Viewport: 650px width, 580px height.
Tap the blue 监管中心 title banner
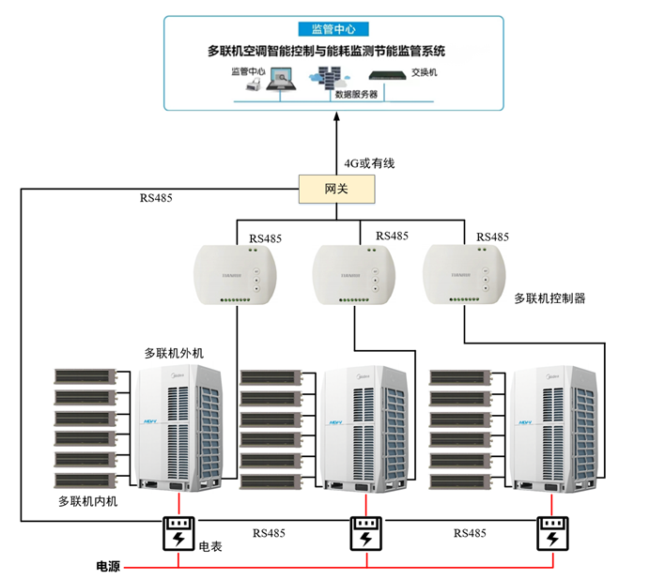pyautogui.click(x=325, y=30)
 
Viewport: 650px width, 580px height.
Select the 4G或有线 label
pyautogui.click(x=368, y=163)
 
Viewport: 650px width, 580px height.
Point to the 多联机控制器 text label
pyautogui.click(x=549, y=298)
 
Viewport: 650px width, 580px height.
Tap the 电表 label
pyautogui.click(x=210, y=546)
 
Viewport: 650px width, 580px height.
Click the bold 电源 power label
pyautogui.click(x=108, y=567)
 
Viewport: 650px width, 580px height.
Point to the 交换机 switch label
pyautogui.click(x=424, y=71)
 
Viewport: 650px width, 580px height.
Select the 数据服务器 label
pyautogui.click(x=356, y=94)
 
